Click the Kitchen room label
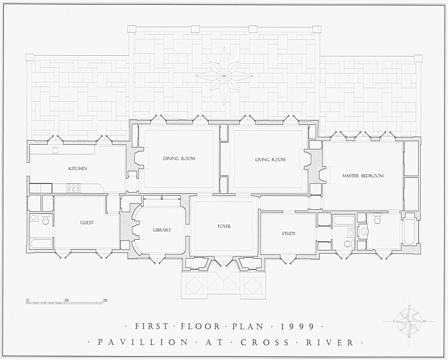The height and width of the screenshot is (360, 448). pos(78,169)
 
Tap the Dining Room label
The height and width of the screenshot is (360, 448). pos(179,159)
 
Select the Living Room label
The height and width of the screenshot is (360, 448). pos(271,159)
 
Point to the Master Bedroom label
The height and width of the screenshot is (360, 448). pos(363,176)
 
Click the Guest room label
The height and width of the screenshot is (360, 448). pos(87,223)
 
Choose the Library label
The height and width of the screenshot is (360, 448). pos(162,230)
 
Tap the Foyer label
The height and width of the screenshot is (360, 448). pos(224,226)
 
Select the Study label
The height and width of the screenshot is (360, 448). pos(288,234)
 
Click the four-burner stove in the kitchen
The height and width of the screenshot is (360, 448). pos(74,188)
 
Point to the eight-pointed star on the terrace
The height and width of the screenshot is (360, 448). pos(224,76)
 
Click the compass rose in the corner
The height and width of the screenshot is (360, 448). pos(409,321)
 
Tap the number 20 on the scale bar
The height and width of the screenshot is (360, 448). pos(105,300)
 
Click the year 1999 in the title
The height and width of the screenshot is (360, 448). pos(297,326)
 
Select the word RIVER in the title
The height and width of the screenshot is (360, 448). pos(330,342)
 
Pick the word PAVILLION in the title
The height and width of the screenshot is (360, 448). pos(143,342)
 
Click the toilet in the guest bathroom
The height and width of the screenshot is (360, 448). pos(46,220)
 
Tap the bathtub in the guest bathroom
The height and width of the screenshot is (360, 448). pos(41,244)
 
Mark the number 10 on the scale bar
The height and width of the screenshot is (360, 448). pos(66,300)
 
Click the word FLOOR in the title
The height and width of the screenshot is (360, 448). pos(200,326)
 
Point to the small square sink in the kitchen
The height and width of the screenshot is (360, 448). pos(55,151)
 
